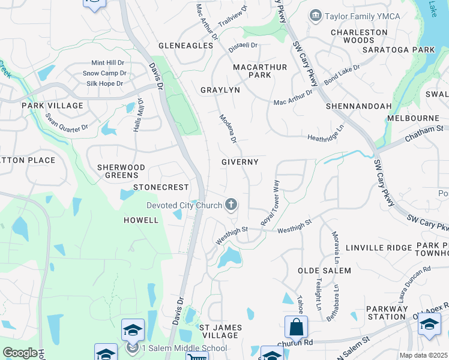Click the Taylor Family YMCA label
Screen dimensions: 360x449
(354, 17)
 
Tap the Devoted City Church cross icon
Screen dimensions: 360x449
(231, 206)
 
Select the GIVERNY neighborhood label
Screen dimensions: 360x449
(240, 162)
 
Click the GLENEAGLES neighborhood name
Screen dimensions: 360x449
(185, 46)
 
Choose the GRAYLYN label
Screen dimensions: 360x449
(220, 90)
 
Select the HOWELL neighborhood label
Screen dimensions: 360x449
(141, 220)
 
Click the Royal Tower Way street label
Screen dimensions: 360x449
(271, 203)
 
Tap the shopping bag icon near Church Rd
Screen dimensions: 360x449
(296, 328)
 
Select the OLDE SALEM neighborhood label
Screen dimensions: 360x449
(321, 271)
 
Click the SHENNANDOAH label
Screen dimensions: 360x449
(358, 106)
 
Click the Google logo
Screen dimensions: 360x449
(20, 353)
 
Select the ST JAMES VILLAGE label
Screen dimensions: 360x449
(220, 331)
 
